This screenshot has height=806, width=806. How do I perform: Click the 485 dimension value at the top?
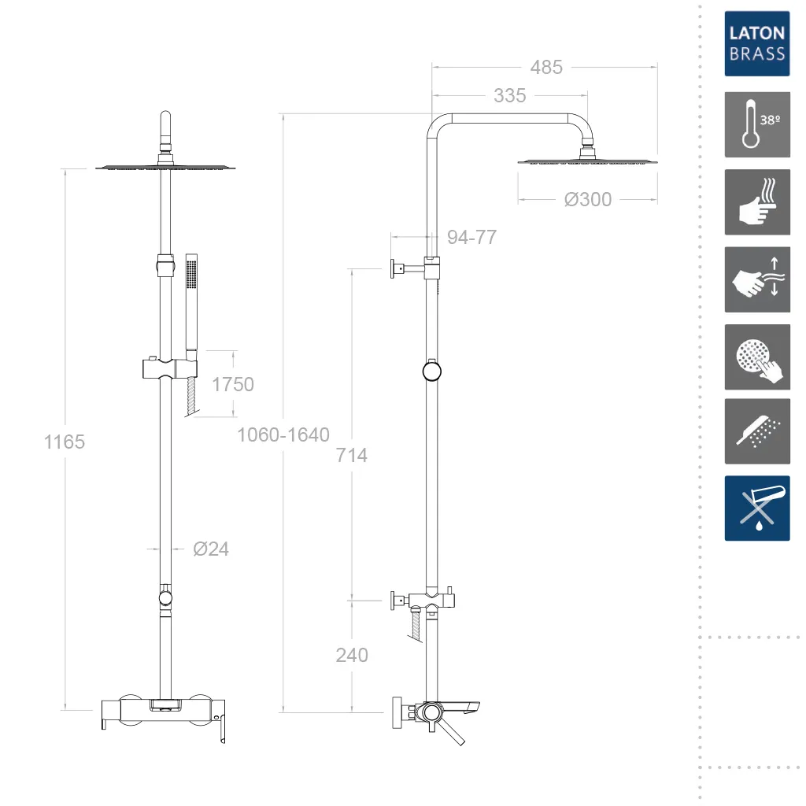tap(545, 68)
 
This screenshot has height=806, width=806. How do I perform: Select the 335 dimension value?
tap(509, 96)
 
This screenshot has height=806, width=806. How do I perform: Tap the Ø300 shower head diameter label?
tap(587, 200)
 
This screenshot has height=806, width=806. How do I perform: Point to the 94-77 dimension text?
tap(471, 237)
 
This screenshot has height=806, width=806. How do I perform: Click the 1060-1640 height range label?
tap(283, 434)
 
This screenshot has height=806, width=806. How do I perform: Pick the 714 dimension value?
tap(351, 455)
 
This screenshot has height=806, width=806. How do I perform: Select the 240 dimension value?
tap(351, 655)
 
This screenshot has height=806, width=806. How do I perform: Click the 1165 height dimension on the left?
tap(64, 442)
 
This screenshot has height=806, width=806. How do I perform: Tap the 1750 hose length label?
tap(233, 384)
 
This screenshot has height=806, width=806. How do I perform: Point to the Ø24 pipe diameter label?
tap(211, 549)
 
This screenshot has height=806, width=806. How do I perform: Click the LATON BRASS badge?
tap(756, 43)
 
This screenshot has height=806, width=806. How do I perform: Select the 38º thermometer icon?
tap(756, 124)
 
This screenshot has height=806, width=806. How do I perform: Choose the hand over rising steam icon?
tap(756, 201)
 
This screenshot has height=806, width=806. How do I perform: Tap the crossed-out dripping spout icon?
tap(756, 508)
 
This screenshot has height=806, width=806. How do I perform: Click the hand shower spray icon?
tap(756, 431)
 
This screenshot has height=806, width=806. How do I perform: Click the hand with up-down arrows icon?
tap(756, 279)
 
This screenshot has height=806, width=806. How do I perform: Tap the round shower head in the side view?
tap(587, 161)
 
